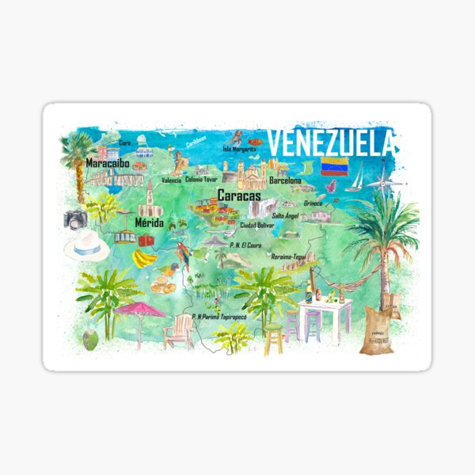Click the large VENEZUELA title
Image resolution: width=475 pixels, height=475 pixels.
(x=331, y=143)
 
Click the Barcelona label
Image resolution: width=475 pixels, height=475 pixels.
(x=285, y=181)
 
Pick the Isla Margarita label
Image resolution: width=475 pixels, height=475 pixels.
(x=239, y=148)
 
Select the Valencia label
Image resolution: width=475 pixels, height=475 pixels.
(x=171, y=180)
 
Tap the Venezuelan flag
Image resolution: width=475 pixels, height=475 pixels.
(x=333, y=168)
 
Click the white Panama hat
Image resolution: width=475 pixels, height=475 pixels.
(x=86, y=247)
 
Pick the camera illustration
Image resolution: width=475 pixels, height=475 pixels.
(x=76, y=219)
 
